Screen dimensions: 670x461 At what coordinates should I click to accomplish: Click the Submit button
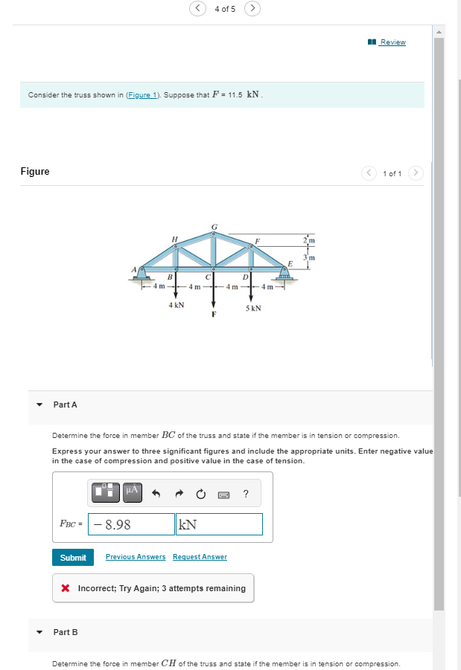click(73, 557)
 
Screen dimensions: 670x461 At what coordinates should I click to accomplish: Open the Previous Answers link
click(136, 557)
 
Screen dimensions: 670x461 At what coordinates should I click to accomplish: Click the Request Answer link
click(200, 557)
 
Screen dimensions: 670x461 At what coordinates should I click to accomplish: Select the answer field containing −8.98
click(132, 524)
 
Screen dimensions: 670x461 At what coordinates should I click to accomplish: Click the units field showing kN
click(219, 524)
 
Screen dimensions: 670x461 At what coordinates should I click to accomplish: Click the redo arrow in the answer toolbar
click(179, 494)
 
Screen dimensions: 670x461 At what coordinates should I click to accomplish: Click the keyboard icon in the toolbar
click(223, 495)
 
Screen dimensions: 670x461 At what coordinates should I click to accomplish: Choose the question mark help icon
click(246, 494)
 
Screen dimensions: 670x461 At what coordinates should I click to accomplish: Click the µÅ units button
click(131, 492)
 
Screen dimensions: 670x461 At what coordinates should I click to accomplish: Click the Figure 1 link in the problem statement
click(142, 95)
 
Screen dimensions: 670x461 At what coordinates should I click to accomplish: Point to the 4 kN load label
click(177, 305)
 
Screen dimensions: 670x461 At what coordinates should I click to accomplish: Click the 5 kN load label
click(253, 307)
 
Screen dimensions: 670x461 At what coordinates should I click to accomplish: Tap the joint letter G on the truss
click(214, 225)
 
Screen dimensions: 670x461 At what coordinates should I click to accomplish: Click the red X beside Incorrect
click(66, 588)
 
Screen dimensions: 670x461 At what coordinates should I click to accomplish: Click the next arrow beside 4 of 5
click(252, 9)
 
